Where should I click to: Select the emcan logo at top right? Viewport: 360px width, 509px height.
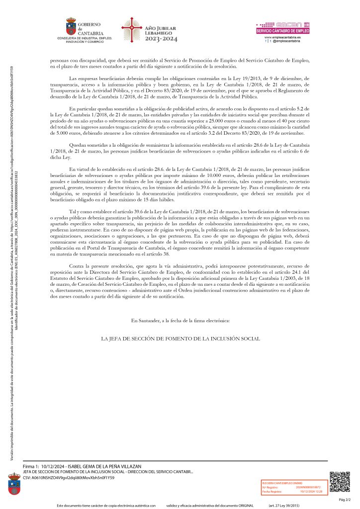282,24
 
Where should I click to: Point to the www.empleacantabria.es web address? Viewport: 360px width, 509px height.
282,37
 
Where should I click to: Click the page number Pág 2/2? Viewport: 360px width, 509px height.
345,499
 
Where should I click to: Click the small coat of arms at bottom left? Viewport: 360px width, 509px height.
14,483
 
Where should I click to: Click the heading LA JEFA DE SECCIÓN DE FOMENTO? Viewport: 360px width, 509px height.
180,339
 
